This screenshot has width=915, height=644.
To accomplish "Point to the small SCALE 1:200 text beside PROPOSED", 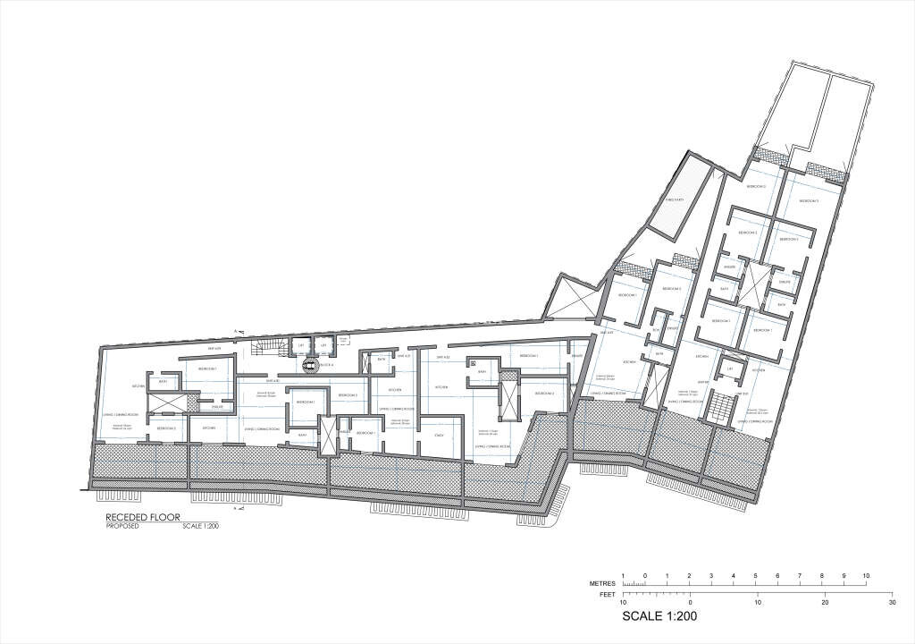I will [201, 526].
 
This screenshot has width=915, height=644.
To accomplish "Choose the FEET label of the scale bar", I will [606, 593].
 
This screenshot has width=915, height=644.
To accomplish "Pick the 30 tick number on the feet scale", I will [891, 603].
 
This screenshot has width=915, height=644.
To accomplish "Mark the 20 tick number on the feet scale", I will [824, 603].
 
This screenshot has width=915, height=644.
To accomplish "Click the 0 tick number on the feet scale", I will [691, 603].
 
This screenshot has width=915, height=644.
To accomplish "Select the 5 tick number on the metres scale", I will [756, 574].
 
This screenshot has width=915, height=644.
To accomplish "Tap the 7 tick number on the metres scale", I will [800, 574].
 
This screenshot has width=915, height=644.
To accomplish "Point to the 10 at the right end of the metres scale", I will [866, 574].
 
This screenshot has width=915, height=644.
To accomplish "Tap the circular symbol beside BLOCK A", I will [310, 365].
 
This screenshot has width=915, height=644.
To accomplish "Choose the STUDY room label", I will [440, 435].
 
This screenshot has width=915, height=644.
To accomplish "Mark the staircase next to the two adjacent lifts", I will [268, 345].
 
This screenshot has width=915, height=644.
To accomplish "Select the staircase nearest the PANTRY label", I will [720, 411].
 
